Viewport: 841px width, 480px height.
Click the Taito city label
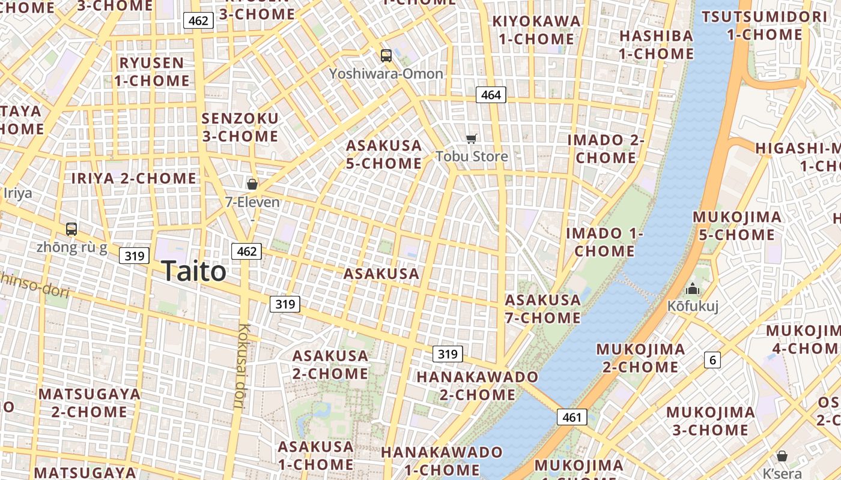coord(193,272)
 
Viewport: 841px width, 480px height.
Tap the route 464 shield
coord(491,95)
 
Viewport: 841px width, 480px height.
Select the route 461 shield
coord(571,417)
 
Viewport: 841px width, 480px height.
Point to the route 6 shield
coord(712,360)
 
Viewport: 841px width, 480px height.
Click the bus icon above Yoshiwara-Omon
coord(386,56)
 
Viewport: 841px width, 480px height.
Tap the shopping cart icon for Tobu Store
coord(472,139)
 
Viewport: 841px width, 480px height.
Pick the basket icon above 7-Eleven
coord(252,184)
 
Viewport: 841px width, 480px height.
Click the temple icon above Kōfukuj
coord(693,289)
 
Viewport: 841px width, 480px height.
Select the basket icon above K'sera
coord(782,456)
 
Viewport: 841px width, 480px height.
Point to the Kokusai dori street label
coord(241,366)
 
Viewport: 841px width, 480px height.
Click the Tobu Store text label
coord(472,157)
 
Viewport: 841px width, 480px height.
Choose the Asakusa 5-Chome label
coord(383,154)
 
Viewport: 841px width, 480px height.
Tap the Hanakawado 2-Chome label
coord(478,385)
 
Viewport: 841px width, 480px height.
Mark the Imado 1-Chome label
coord(604,242)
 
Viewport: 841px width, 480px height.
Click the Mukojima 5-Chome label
coord(737,226)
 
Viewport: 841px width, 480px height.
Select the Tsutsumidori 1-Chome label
coord(764,26)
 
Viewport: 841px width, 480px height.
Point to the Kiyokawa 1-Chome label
coord(536,30)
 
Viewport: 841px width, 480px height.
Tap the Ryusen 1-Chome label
coord(151,71)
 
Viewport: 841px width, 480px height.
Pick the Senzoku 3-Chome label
coord(240,127)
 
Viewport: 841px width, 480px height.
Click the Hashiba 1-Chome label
coord(656,45)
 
